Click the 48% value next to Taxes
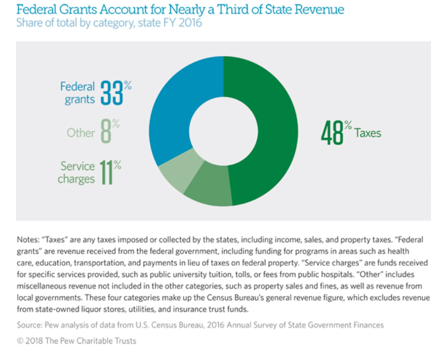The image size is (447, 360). pyautogui.click(x=335, y=133)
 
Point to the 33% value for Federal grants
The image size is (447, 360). pyautogui.click(x=116, y=94)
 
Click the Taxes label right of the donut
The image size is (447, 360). pyautogui.click(x=368, y=133)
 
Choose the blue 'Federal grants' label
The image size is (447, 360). pyautogui.click(x=77, y=93)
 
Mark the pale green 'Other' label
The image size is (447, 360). pyautogui.click(x=80, y=133)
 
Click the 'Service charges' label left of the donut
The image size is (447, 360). pyautogui.click(x=77, y=172)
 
